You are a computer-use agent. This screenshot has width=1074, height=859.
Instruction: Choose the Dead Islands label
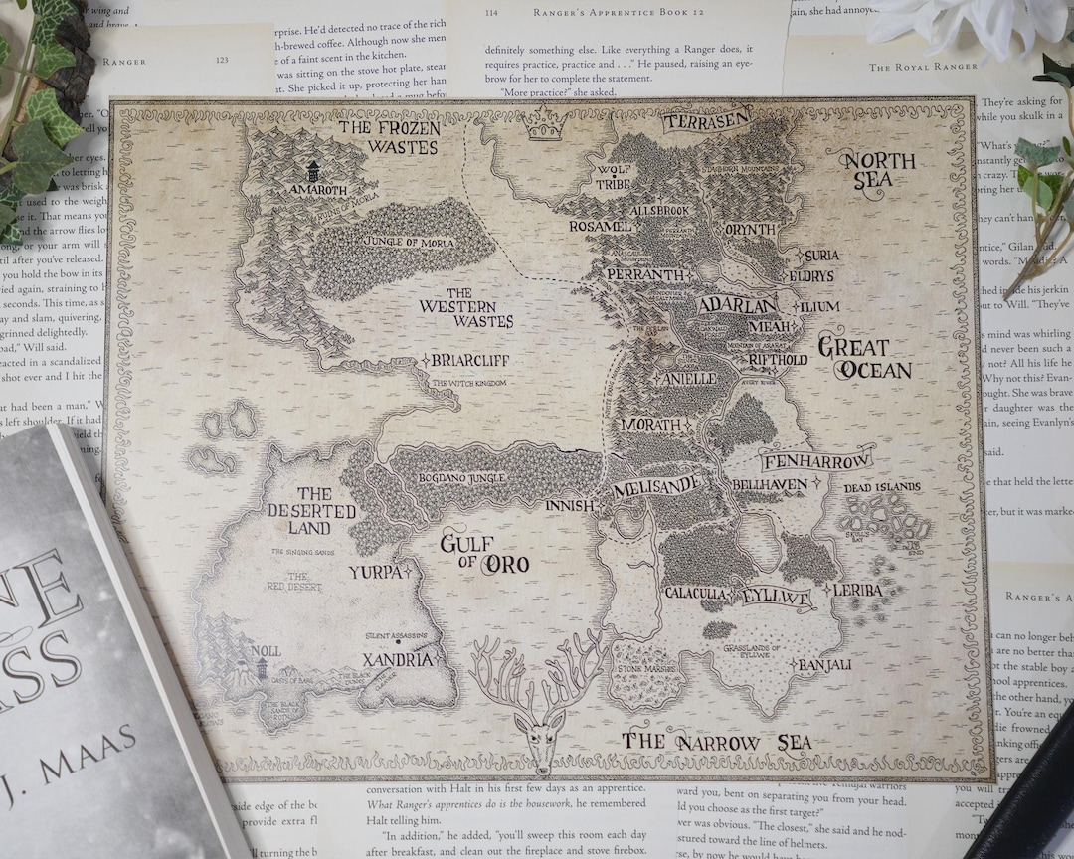point(881,488)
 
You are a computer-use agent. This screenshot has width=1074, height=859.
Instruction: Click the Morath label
point(651,425)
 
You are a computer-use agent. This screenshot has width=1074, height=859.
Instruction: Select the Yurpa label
point(375,572)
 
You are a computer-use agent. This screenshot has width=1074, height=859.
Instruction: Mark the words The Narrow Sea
point(716,742)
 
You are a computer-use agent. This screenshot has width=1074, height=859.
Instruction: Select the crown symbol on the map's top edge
point(545,126)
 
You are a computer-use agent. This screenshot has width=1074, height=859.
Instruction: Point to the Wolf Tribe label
point(614,177)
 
